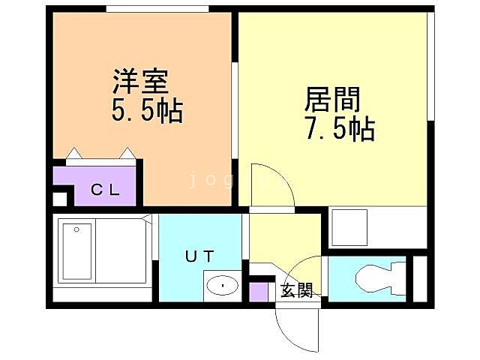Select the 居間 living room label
tap(332, 99)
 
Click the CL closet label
tap(105, 189)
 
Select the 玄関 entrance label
tap(296, 292)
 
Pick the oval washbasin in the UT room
tap(222, 285)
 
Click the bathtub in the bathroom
tap(76, 251)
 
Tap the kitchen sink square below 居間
tap(349, 226)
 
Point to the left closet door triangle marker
tap(74, 154)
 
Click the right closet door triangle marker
tap(128, 154)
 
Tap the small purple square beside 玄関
tap(259, 291)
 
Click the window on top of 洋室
tap(157, 8)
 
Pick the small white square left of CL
tap(60, 199)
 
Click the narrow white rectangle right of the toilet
tap(420, 279)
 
